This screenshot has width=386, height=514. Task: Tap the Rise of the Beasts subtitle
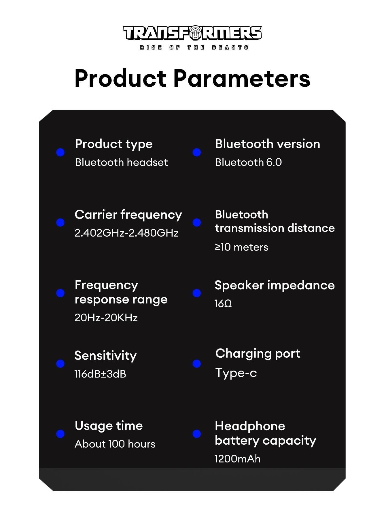pos(194,48)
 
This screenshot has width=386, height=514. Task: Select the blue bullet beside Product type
pos(60,152)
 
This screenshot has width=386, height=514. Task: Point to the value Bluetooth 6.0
pos(248,162)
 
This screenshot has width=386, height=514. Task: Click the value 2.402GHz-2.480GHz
pos(126,233)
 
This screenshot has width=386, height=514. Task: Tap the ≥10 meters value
pos(241,247)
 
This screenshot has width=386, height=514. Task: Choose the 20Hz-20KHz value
pos(106,318)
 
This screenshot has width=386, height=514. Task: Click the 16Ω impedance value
pos(223,304)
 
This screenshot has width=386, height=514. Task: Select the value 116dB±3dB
pos(100,374)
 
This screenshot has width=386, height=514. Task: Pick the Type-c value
pos(236,373)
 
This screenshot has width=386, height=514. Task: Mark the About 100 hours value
pos(115,444)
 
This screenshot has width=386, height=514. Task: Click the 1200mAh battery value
pos(238,459)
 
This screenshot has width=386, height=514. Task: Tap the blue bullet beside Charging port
pos(197,364)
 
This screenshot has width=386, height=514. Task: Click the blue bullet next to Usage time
pos(60,434)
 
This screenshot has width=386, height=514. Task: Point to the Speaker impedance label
pos(275,285)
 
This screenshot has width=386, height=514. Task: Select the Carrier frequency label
pos(128,215)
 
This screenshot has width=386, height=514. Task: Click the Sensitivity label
pos(105,356)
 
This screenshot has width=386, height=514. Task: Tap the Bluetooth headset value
pos(121,162)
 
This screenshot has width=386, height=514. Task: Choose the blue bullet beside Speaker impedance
pos(197,293)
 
